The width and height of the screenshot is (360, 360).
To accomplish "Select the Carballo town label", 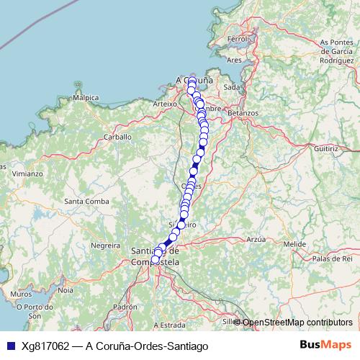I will (117, 136).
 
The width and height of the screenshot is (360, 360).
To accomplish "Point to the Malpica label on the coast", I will (86, 97).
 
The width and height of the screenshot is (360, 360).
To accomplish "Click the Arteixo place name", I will (165, 104).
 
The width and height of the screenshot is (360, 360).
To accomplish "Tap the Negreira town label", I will (105, 246).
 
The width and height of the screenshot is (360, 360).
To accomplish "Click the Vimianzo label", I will (27, 174).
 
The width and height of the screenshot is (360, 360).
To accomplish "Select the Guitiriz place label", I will (325, 148).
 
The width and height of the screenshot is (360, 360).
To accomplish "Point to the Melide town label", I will (294, 245).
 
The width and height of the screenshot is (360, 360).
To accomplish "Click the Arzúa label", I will (256, 238).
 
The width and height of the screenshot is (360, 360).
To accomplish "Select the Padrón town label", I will (125, 307).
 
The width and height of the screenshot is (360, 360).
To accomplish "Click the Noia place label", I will (66, 290).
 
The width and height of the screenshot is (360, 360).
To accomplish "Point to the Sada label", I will (232, 86).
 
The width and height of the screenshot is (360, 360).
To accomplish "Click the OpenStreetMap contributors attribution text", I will (297, 323).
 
